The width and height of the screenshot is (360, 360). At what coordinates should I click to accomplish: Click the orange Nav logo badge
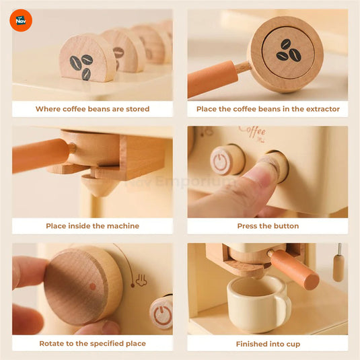point(21,20)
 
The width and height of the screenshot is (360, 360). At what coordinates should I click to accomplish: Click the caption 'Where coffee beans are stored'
point(93,109)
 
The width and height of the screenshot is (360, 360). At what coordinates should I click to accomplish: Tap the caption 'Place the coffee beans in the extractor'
point(268,109)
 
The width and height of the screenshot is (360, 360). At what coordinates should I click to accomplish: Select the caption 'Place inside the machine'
point(93,226)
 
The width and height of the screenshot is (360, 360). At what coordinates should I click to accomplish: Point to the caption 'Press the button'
point(268,226)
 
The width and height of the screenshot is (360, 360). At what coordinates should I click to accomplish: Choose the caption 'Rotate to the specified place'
point(93,344)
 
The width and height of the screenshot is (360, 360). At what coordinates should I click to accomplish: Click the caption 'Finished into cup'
point(268,344)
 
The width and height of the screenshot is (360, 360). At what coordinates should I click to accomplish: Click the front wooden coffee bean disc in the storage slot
point(87,59)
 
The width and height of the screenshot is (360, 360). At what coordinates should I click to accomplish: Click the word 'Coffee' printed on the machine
point(252,130)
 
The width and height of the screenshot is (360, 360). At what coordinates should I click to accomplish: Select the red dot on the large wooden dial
point(93,287)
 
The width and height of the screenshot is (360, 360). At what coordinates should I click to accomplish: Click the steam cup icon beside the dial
point(142,280)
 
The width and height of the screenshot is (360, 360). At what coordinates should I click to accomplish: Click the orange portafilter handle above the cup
point(296,269)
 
